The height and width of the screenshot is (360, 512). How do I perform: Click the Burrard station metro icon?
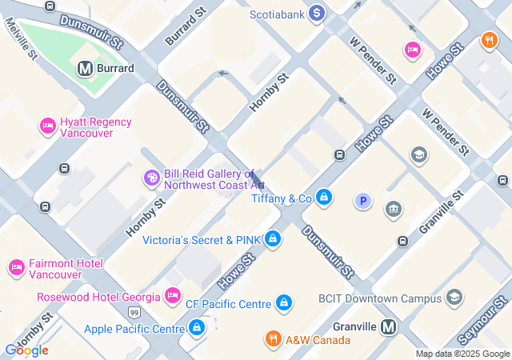pyautogui.click(x=85, y=69)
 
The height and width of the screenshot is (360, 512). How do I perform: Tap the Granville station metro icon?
pyautogui.click(x=389, y=326)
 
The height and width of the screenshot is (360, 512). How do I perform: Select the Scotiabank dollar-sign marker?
pyautogui.click(x=317, y=13)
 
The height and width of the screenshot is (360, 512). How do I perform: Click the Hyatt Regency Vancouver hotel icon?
pyautogui.click(x=47, y=126)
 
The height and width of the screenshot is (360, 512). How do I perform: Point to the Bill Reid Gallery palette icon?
pyautogui.click(x=151, y=178)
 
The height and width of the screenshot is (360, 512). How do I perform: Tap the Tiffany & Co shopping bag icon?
pyautogui.click(x=323, y=197)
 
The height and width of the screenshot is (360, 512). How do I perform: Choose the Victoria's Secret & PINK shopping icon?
pyautogui.click(x=273, y=238)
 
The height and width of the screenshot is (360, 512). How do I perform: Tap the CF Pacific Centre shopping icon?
pyautogui.click(x=282, y=303)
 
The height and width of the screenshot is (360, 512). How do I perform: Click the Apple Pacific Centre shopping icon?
pyautogui.click(x=197, y=328)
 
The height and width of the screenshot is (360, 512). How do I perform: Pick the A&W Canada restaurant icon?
pyautogui.click(x=273, y=339)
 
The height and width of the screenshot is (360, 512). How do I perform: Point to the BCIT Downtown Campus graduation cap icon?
pyautogui.click(x=454, y=298)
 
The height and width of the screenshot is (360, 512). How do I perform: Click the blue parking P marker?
pyautogui.click(x=362, y=202)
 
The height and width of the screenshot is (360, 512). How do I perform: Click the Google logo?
pyautogui.click(x=26, y=350)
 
